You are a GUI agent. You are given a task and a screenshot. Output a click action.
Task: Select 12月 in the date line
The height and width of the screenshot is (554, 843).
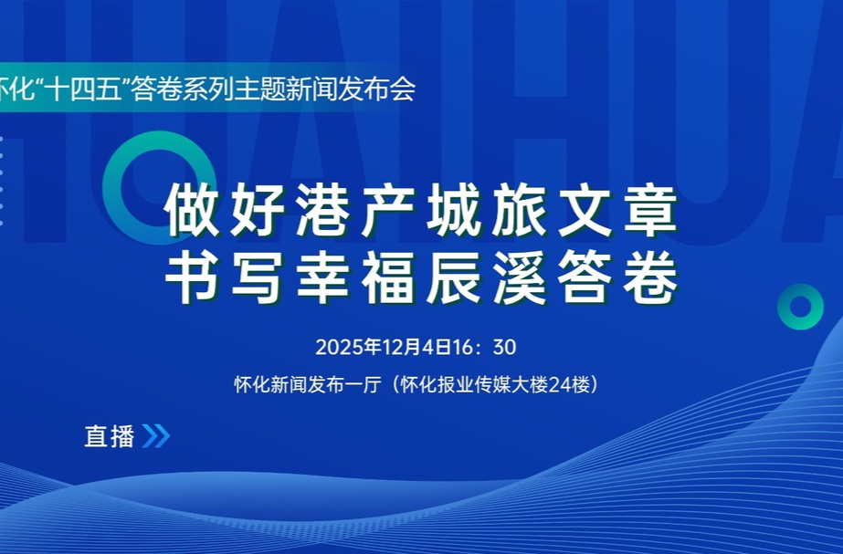click(388, 348)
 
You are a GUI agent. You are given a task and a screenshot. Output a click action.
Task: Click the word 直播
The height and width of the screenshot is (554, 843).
click(109, 436)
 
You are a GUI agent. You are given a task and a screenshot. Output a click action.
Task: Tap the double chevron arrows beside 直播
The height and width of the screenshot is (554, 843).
click(156, 436)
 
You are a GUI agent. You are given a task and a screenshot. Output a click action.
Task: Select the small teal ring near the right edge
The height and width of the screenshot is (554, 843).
click(800, 306)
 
